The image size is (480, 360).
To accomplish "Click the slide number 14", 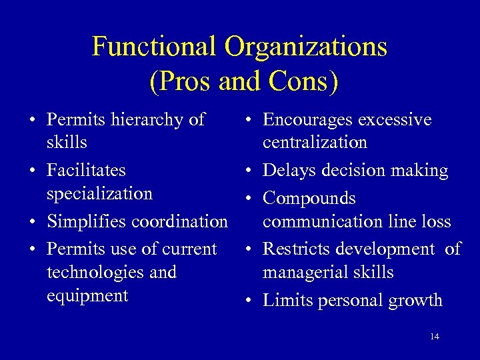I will pyautogui.click(x=435, y=337).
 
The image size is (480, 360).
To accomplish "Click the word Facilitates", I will pyautogui.click(x=86, y=170).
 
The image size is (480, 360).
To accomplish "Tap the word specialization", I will pyautogui.click(x=99, y=194).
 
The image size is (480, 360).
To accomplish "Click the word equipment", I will pyautogui.click(x=87, y=295).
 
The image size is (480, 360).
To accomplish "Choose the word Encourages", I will pyautogui.click(x=307, y=121).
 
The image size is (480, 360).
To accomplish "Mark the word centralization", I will pyautogui.click(x=315, y=142).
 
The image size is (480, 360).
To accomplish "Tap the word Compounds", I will pyautogui.click(x=309, y=199).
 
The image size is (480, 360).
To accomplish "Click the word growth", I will pyautogui.click(x=415, y=301).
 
